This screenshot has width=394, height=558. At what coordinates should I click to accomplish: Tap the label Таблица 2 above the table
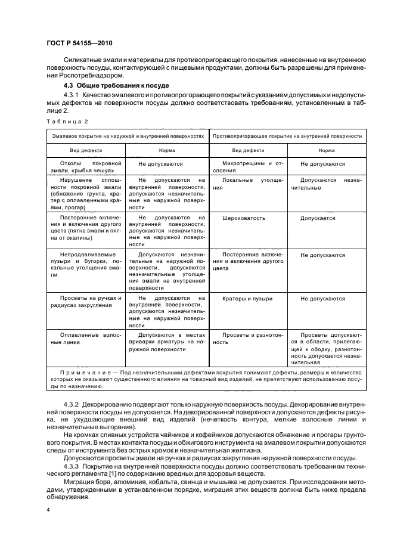click(67, 121)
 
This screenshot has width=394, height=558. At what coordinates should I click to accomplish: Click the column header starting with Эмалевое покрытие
click(128, 136)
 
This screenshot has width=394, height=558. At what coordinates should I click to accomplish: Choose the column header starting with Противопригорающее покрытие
click(287, 136)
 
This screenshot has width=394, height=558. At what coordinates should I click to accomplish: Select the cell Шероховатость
click(243, 218)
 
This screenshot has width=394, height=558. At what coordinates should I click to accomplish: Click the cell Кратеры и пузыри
click(247, 299)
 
